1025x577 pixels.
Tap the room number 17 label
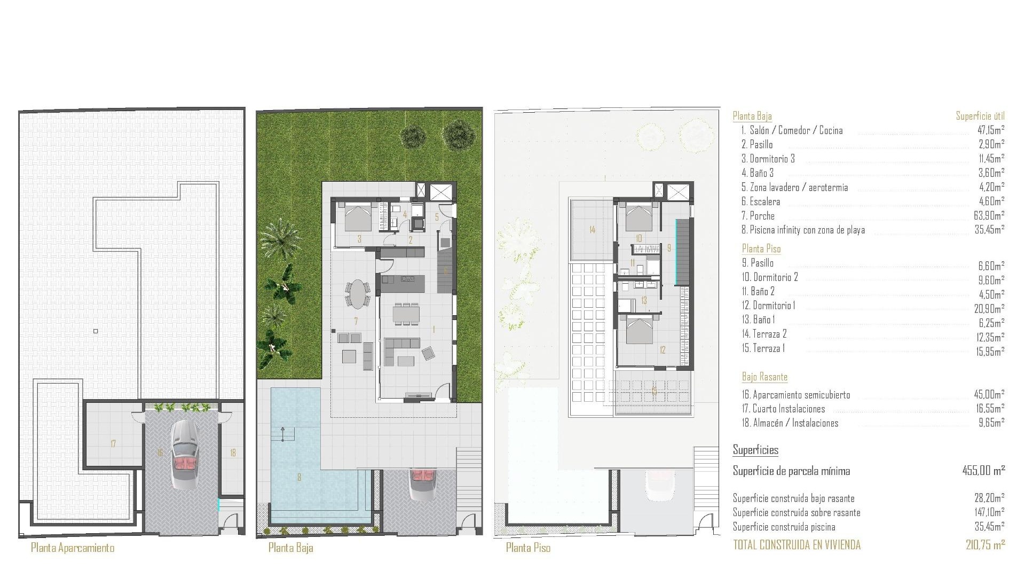113,443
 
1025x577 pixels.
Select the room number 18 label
233,453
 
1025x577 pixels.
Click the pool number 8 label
299,477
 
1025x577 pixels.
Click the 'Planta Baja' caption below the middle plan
291,548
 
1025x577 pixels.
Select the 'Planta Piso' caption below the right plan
528,548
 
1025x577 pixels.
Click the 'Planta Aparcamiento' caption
73,548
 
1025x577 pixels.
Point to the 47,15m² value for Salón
989,130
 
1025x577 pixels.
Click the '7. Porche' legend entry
758,216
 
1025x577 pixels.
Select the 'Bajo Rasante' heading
764,377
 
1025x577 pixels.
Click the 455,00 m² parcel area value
983,471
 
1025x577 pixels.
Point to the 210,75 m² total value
985,545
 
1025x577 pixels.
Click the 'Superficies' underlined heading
755,450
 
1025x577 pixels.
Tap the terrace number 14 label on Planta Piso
592,230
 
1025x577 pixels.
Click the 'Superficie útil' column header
980,116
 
